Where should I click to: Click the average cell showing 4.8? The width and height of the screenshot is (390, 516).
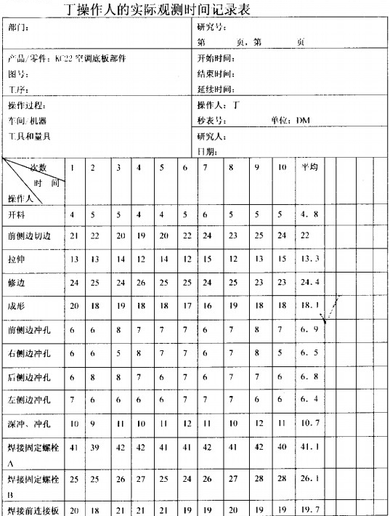click(307, 215)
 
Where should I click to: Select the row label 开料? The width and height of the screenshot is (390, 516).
click(15, 215)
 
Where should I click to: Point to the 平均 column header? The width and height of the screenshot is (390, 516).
click(309, 168)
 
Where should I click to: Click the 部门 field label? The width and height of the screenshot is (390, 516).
click(18, 27)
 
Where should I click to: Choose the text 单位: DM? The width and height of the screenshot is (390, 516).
click(290, 121)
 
